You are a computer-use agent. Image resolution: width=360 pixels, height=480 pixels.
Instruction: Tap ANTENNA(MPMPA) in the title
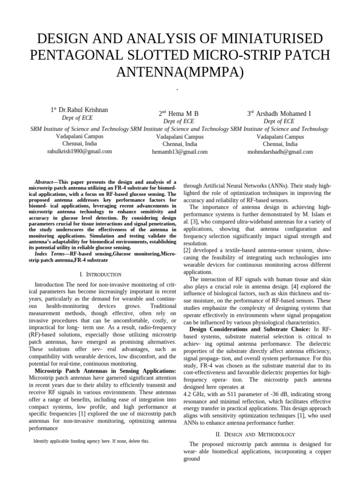click(x=180, y=72)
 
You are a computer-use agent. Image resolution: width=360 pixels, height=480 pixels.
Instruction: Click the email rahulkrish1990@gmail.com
click(x=79, y=151)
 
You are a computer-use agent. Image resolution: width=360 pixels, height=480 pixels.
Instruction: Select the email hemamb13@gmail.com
click(x=180, y=152)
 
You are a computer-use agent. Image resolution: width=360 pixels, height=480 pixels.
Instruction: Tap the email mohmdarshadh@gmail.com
click(x=280, y=152)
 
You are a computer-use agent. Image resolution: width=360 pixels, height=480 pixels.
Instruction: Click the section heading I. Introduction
click(x=102, y=274)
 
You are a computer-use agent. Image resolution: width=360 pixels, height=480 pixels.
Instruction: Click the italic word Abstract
click(x=46, y=182)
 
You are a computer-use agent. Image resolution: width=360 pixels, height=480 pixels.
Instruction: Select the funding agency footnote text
click(x=91, y=441)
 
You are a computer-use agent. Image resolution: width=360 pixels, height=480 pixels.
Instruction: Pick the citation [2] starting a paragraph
click(x=187, y=251)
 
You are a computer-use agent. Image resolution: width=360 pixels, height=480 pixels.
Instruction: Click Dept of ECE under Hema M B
click(x=179, y=121)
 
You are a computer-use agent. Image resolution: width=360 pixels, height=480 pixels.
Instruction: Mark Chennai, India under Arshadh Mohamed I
click(x=280, y=144)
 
